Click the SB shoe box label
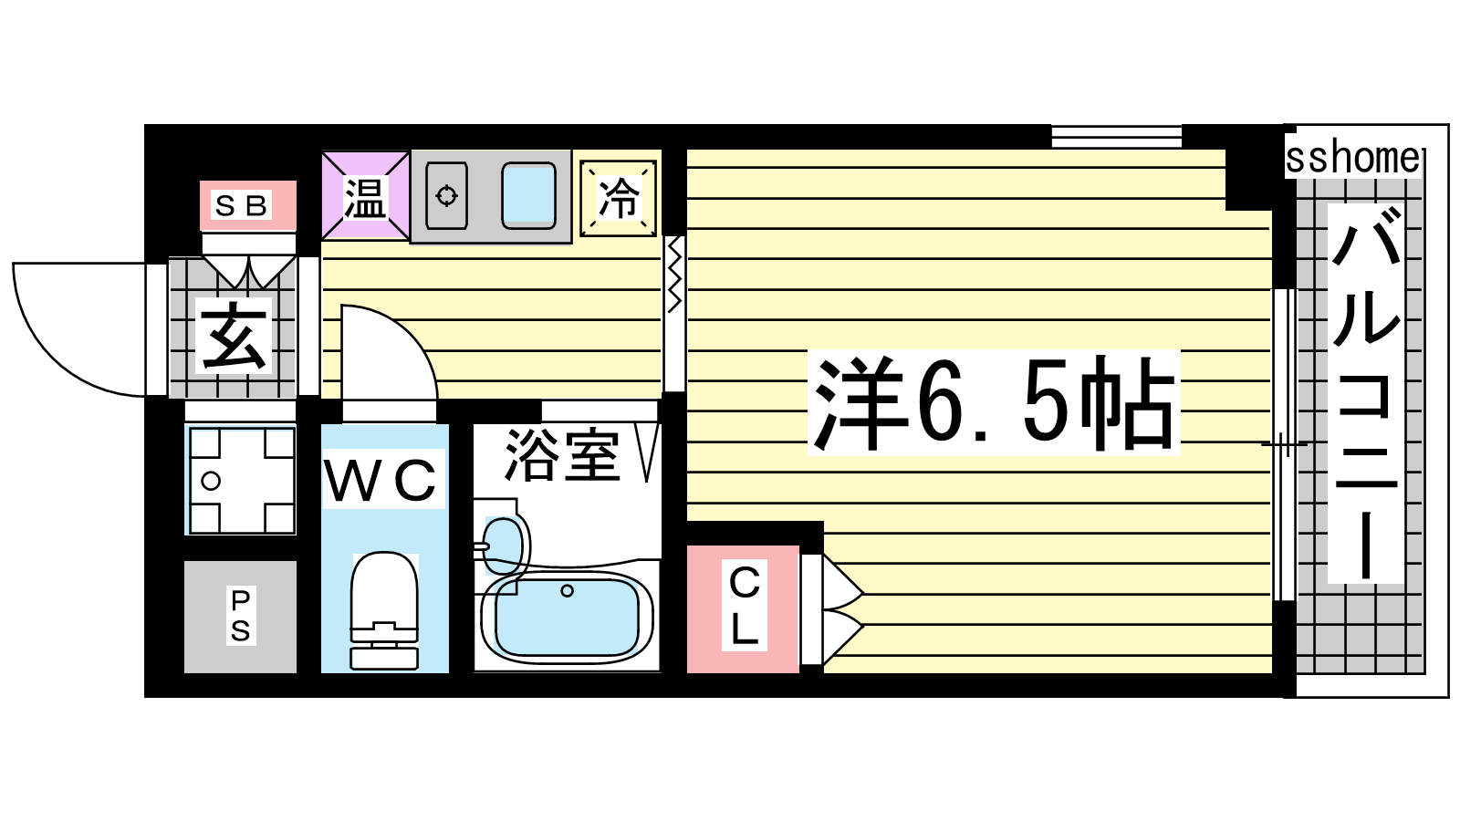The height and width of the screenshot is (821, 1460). coord(241,206)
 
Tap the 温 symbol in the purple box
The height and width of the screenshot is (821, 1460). coord(365,197)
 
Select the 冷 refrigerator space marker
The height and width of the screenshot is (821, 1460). coord(618,198)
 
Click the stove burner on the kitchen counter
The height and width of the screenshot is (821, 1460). coord(446,195)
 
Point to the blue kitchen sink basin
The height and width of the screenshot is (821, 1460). coord(528,195)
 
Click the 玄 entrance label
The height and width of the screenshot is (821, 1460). coord(234,337)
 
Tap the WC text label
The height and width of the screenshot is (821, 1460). coord(381,481)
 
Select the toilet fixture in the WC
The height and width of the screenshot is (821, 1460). coord(384,610)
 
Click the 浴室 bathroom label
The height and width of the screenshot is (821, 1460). coord(561,455)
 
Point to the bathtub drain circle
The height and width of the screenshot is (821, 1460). coord(567,591)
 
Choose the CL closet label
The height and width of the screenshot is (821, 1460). coord(744,606)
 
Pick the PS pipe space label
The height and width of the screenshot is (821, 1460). coord(240,616)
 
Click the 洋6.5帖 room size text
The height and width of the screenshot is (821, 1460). coord(994,403)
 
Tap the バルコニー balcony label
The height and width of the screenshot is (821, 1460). coord(1365,393)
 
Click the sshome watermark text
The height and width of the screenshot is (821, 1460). coord(1353,159)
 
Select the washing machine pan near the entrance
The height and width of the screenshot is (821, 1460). coord(241,480)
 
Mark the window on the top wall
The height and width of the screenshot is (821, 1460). coord(1117,137)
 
